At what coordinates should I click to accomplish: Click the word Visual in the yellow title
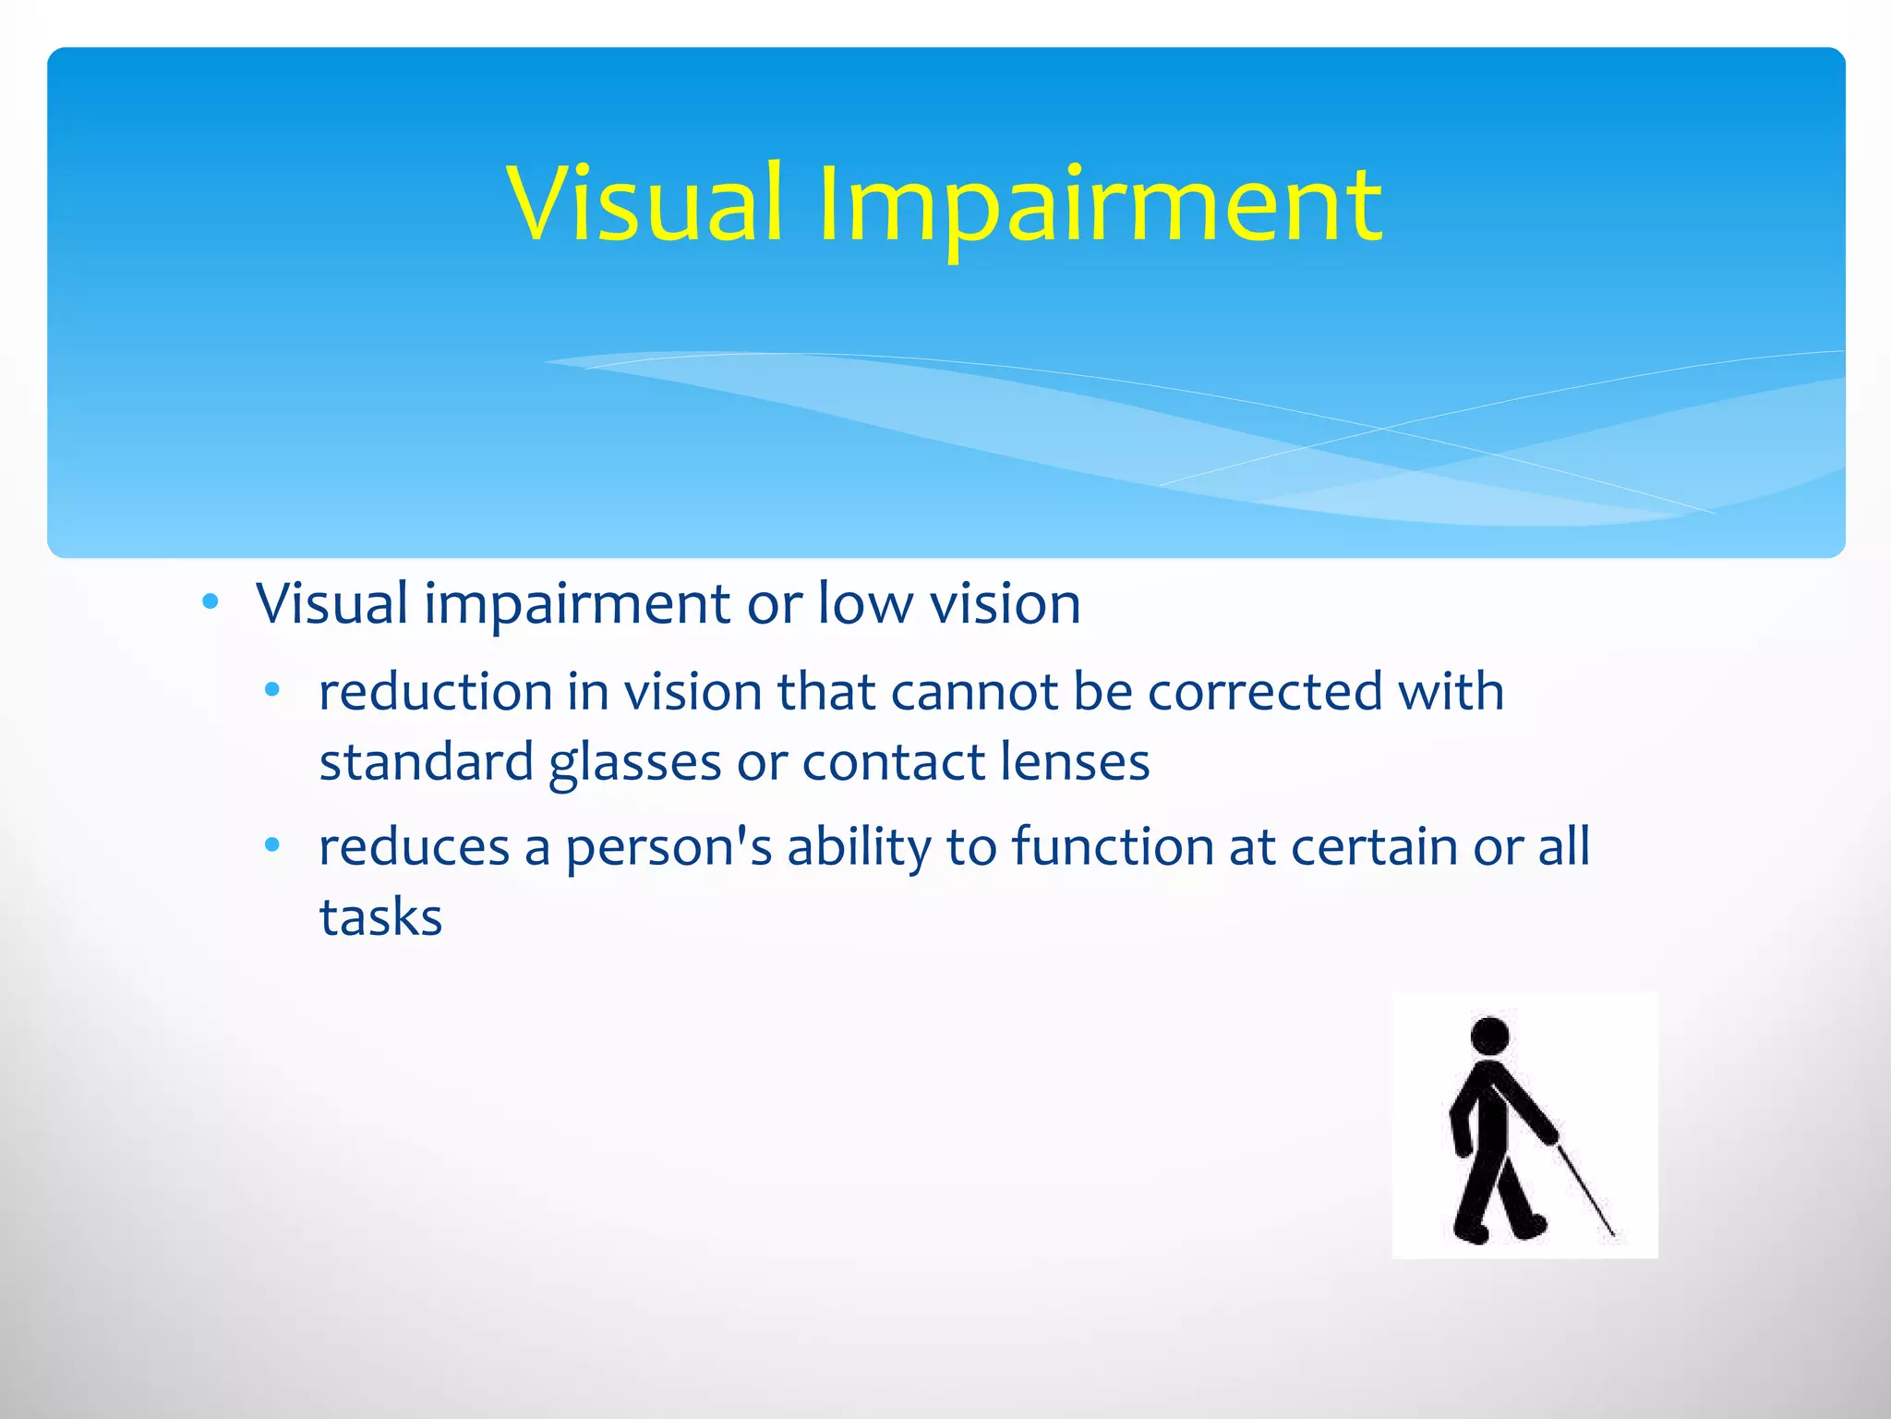coord(644,203)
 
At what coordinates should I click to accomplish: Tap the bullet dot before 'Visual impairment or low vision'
coord(211,603)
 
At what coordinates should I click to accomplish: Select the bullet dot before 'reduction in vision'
coord(271,690)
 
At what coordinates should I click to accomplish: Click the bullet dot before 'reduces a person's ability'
coord(271,845)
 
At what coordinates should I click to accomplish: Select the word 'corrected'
coord(1265,692)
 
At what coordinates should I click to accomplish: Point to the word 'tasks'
coord(380,917)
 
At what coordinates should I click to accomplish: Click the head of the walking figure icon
coord(1489,1037)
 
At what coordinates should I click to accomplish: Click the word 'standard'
coord(427,762)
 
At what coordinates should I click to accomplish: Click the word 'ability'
coord(859,848)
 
